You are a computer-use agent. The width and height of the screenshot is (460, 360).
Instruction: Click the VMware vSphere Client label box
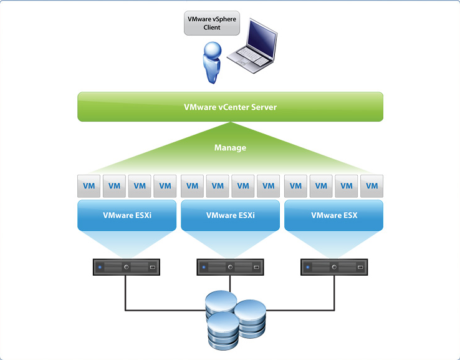[212, 24]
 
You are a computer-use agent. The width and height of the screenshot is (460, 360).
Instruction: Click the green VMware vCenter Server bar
[230, 107]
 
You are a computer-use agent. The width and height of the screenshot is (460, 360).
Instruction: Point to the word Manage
[230, 148]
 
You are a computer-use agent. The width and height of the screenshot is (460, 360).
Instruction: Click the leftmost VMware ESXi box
[127, 215]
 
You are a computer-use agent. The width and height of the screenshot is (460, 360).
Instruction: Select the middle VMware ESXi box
[230, 215]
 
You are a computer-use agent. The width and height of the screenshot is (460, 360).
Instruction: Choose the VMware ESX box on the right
[333, 215]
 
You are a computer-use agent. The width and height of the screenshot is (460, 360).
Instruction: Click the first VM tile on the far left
[89, 186]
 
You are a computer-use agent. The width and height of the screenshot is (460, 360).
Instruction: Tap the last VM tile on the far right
[372, 186]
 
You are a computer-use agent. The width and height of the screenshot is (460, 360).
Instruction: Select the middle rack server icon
[230, 268]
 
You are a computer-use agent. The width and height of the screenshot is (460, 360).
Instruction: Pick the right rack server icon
[333, 268]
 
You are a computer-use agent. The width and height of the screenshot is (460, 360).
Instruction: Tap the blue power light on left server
[100, 268]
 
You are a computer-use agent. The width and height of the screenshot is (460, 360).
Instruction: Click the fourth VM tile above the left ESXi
[165, 186]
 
